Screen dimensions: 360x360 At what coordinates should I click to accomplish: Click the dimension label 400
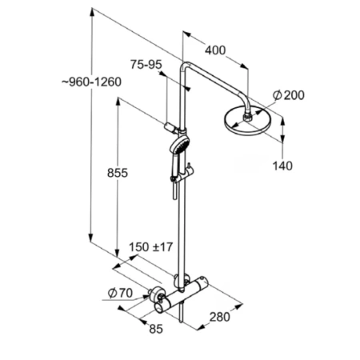click(215, 50)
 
